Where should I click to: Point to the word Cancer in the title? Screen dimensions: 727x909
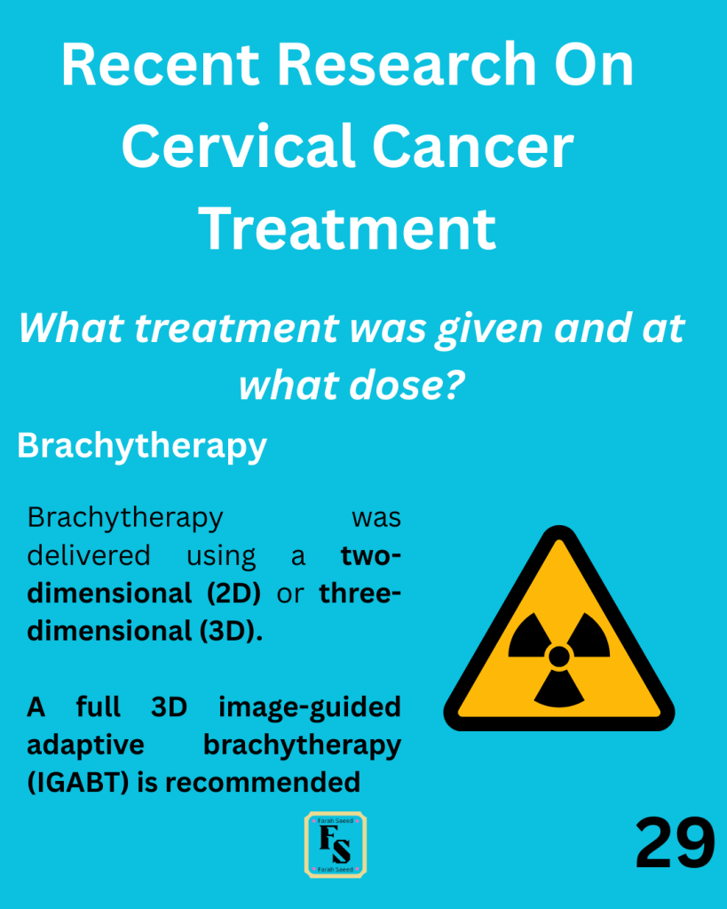pyautogui.click(x=473, y=148)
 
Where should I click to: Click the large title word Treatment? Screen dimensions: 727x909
pyautogui.click(x=348, y=228)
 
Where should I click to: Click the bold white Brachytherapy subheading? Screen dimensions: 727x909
pyautogui.click(x=142, y=447)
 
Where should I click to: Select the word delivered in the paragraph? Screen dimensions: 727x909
pyautogui.click(x=89, y=555)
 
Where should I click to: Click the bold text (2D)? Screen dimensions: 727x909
pyautogui.click(x=233, y=593)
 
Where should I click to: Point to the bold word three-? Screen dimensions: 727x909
pyautogui.click(x=360, y=593)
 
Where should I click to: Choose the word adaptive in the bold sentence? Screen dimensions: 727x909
pyautogui.click(x=85, y=745)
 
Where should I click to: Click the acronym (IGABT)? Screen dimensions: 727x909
pyautogui.click(x=77, y=783)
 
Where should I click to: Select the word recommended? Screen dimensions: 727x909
pyautogui.click(x=263, y=782)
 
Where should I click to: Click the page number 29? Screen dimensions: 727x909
pyautogui.click(x=675, y=842)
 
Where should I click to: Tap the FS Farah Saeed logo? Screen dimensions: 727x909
pyautogui.click(x=336, y=844)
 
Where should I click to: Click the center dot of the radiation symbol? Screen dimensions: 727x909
pyautogui.click(x=559, y=657)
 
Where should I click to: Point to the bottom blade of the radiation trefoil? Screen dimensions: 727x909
pyautogui.click(x=559, y=690)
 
